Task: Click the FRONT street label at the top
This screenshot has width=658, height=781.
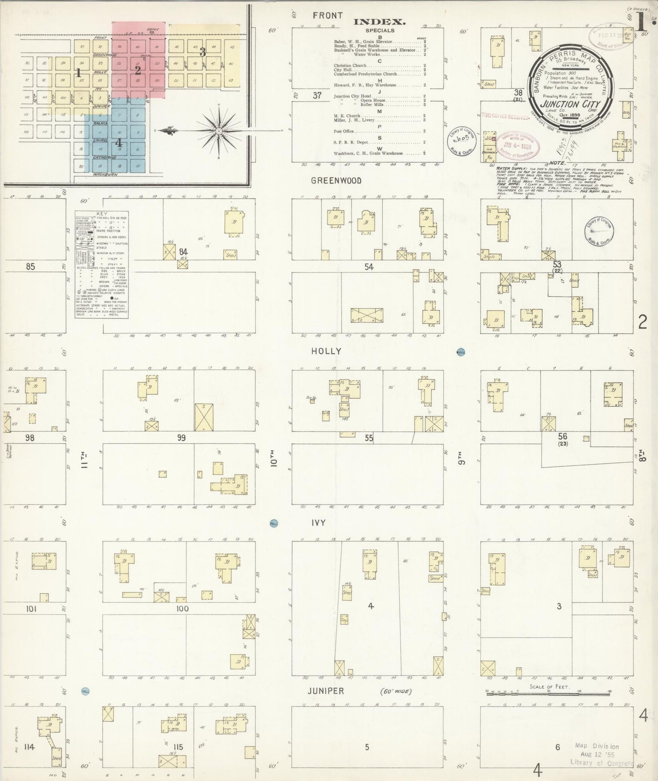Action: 327,15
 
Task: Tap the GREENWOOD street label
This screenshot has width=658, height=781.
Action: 336,181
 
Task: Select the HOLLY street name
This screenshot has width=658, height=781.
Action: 326,351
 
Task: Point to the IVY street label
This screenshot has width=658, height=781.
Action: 318,524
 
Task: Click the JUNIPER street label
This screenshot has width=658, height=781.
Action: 325,691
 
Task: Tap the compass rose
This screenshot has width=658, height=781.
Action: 219,131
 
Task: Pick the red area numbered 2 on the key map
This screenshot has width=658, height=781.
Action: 138,70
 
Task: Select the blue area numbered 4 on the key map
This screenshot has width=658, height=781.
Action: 118,142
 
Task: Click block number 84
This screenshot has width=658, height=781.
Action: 183,252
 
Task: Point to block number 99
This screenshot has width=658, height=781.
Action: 181,438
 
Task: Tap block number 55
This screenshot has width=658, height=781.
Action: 369,438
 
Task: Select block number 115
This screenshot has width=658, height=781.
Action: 178,747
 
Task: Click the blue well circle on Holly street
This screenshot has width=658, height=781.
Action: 460,352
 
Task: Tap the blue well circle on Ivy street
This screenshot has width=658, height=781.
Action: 274,524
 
